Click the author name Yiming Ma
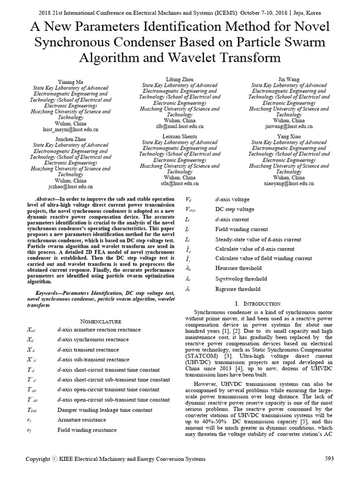pos(70,82)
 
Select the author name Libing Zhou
pos(180,79)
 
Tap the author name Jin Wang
pos(289,79)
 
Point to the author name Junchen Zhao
pos(70,139)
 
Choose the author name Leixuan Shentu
pos(180,136)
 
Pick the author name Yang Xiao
pos(289,136)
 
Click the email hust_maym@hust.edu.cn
pos(70,129)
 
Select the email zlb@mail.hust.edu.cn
pos(180,126)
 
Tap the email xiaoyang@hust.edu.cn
pos(289,183)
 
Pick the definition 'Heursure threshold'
pos(238,268)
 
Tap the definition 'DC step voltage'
pos(235,209)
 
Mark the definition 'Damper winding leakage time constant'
pos(105,410)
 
